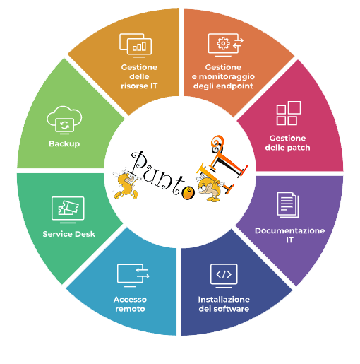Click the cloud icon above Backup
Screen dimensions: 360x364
click(64, 120)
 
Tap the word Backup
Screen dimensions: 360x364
click(64, 143)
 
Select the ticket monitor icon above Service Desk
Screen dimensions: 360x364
click(68, 210)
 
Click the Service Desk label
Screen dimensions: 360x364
click(68, 234)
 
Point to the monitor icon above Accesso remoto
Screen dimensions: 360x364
click(133, 275)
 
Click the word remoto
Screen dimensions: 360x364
click(130, 309)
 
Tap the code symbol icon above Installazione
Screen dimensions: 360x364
click(224, 276)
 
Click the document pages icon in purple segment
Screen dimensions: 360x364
click(288, 205)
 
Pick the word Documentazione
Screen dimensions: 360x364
click(289, 230)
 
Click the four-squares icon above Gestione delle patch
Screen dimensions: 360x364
click(289, 113)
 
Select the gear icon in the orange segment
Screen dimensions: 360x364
click(223, 43)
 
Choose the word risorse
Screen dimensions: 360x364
click(132, 86)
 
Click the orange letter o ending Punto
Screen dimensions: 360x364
click(188, 193)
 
